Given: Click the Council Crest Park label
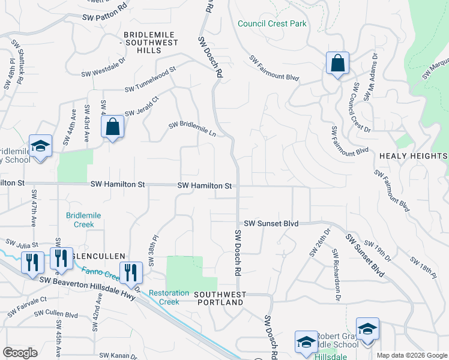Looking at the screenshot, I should (x=272, y=24).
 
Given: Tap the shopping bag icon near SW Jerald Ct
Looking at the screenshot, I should (x=112, y=127).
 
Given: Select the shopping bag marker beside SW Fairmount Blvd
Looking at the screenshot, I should (x=337, y=63).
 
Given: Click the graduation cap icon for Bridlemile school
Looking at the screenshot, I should (x=40, y=146).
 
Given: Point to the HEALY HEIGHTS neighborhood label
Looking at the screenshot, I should (x=413, y=156).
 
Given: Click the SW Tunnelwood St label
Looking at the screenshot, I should (x=150, y=79).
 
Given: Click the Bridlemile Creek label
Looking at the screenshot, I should (x=83, y=220).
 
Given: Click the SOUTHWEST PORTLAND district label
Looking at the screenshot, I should (x=220, y=298).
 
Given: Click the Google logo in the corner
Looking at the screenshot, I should (x=20, y=352).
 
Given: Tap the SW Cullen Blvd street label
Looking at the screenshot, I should (x=56, y=314).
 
